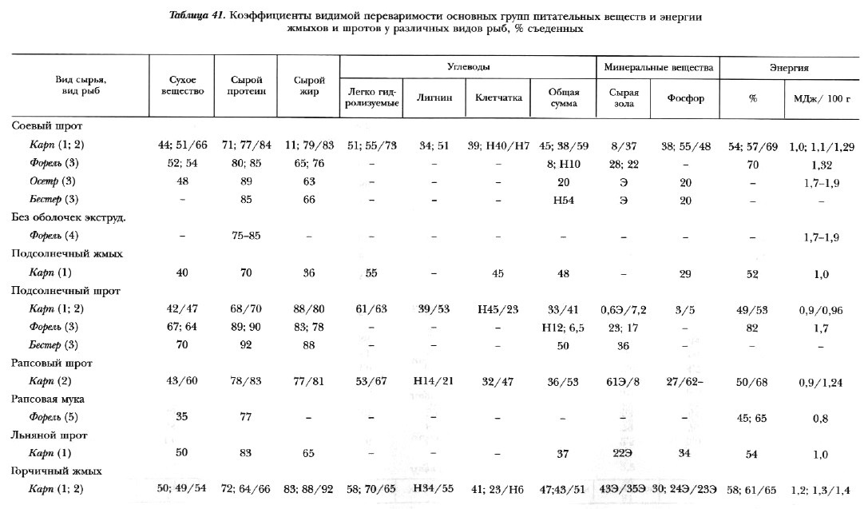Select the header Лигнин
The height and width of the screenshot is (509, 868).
(x=435, y=99)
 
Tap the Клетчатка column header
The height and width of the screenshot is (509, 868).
(x=498, y=99)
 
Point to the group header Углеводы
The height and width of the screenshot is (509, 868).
(x=468, y=68)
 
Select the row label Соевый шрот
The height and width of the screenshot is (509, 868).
(x=47, y=126)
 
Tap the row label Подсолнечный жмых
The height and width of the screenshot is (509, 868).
(x=65, y=253)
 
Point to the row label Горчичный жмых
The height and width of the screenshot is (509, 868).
(x=57, y=471)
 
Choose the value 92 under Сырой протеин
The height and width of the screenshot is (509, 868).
(x=247, y=344)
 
